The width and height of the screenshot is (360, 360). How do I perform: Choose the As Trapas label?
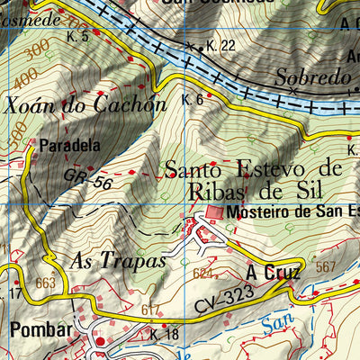(x=117, y=261)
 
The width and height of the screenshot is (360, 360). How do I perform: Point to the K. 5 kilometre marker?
(x=79, y=37)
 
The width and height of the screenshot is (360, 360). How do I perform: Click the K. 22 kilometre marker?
(x=220, y=46)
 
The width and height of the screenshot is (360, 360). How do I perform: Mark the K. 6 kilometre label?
(x=192, y=100)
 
